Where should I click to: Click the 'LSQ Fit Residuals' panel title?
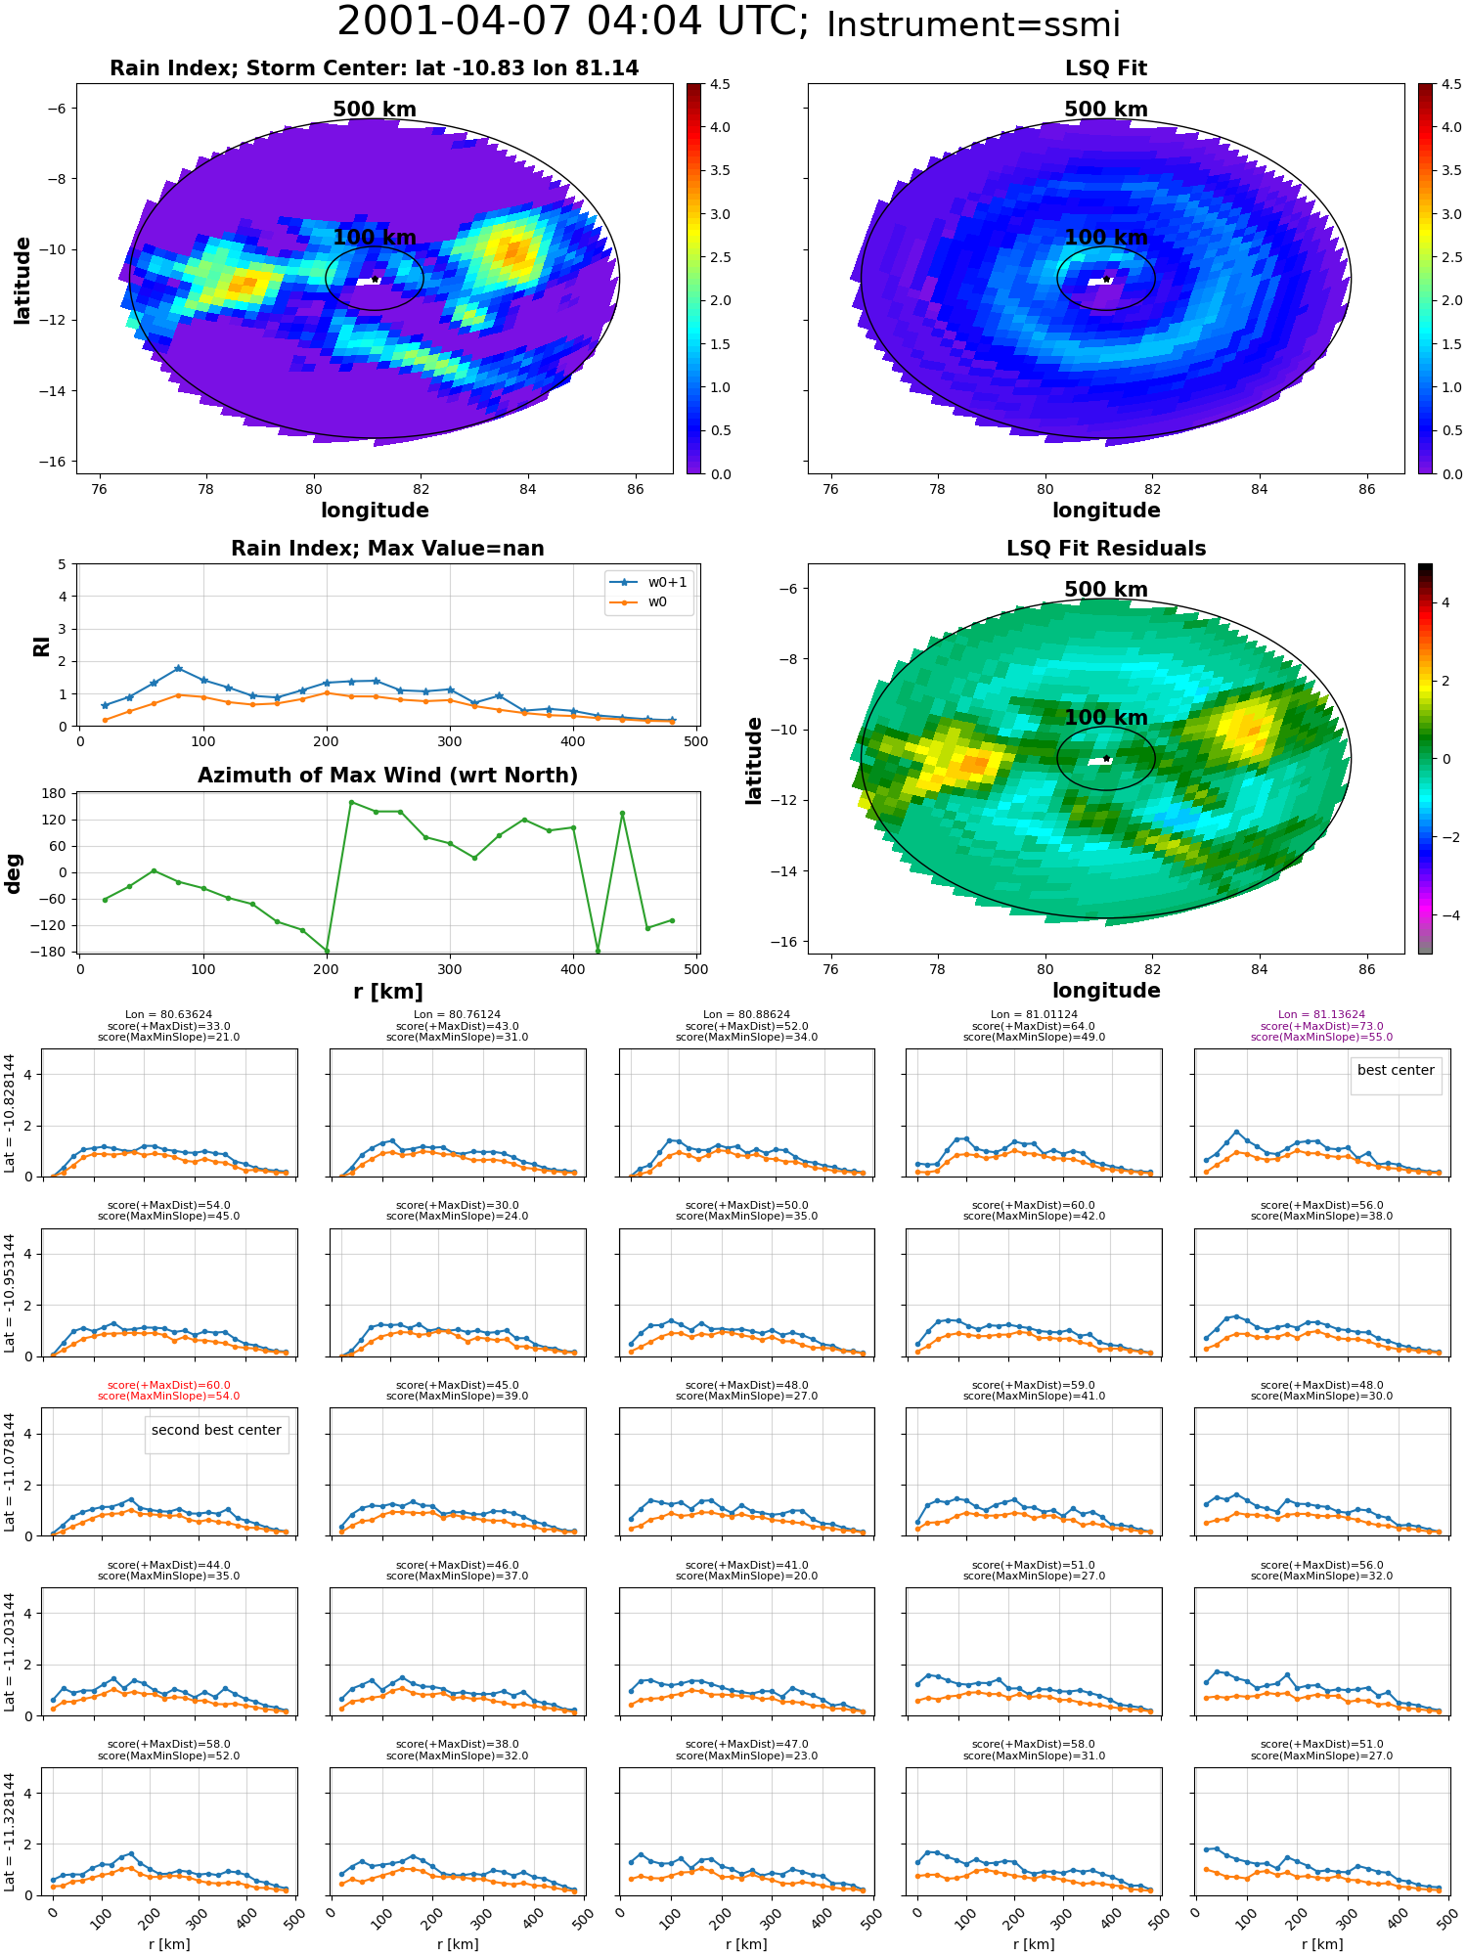(1105, 549)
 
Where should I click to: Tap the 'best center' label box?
(1396, 1071)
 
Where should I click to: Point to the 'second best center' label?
(216, 1430)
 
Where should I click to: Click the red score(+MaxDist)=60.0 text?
(169, 1385)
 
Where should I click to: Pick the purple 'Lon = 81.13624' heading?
(1321, 1015)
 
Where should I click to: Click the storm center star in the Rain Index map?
(375, 280)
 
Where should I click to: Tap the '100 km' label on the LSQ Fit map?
(1106, 238)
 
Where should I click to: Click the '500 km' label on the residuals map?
(1106, 590)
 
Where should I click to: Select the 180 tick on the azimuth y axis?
(55, 793)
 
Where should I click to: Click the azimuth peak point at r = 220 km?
(351, 802)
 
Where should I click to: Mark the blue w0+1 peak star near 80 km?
(178, 668)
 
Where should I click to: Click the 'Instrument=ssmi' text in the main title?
(973, 24)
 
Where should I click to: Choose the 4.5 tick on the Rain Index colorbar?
(720, 84)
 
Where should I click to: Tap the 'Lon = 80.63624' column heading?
(169, 1015)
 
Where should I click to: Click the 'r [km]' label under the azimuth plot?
(388, 992)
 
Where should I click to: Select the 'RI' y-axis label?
(41, 645)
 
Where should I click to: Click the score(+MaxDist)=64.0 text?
(1034, 1026)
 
